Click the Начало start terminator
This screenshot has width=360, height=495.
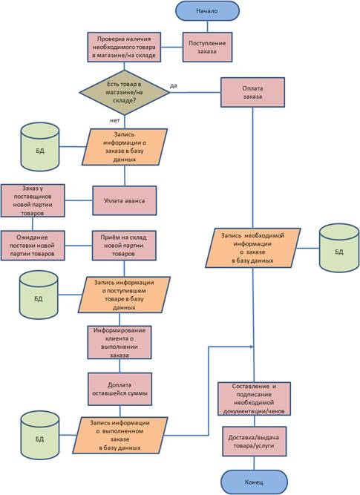click(207, 10)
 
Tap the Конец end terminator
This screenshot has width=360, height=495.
click(254, 482)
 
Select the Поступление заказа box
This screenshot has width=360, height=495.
click(208, 47)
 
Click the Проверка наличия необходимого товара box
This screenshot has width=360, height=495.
click(124, 47)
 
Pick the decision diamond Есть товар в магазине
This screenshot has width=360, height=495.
click(125, 93)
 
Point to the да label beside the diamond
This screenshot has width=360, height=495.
click(174, 85)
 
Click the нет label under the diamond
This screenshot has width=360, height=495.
click(115, 120)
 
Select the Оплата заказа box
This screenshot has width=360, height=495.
click(252, 93)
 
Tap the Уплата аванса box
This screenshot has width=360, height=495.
click(125, 200)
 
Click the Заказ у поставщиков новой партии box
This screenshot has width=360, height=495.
click(33, 200)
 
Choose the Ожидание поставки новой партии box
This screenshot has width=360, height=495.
click(33, 246)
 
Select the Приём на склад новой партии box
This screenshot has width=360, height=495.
click(124, 246)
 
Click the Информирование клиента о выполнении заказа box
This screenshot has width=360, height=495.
click(120, 342)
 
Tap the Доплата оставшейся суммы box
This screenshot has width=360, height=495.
click(120, 389)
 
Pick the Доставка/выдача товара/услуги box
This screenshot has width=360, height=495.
click(254, 442)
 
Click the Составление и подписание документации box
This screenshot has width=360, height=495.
click(254, 399)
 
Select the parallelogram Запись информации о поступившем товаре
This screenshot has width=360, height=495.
click(124, 295)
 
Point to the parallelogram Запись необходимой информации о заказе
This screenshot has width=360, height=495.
click(252, 248)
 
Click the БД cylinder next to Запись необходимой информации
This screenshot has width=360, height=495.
click(339, 248)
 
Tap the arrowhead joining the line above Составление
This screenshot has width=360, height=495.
click(252, 347)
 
